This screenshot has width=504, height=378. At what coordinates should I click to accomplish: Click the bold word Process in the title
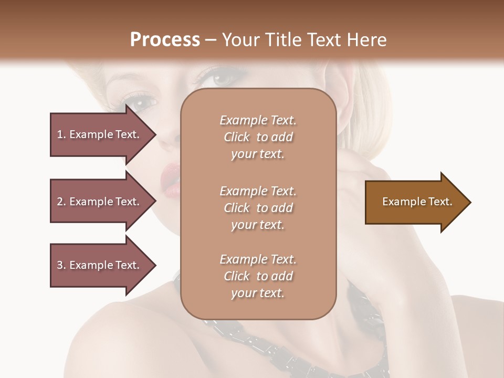pos(165,40)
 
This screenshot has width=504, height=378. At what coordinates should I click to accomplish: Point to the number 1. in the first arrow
pos(61,134)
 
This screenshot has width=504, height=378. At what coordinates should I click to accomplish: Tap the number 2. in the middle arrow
pos(61,202)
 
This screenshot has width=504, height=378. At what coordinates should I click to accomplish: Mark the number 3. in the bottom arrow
pos(61,265)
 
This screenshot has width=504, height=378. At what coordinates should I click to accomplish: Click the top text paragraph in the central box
pos(258,137)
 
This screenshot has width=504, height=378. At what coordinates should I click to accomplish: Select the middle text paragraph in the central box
pos(258,208)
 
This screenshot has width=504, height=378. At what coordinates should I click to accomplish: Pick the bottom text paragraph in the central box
pos(258,276)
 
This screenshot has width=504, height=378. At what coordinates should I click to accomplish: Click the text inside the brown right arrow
pos(417,202)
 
